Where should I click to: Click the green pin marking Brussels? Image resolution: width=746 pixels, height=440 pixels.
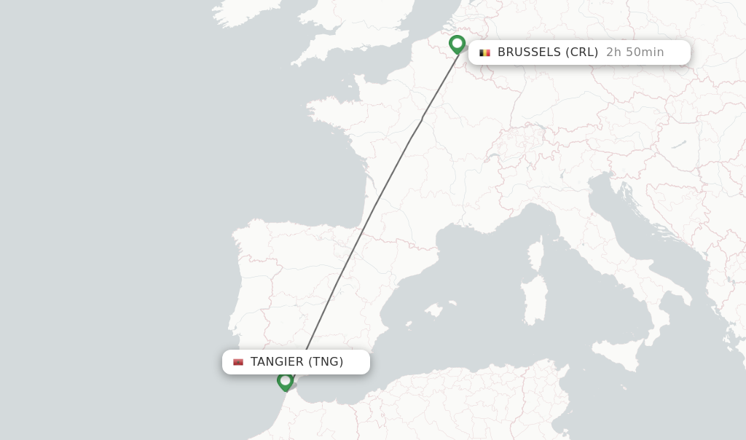click(x=457, y=44)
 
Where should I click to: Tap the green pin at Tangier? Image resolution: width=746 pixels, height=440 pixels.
click(x=285, y=381)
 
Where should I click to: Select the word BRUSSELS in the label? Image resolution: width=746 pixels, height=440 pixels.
click(x=530, y=52)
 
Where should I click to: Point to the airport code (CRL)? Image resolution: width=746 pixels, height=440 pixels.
click(x=581, y=52)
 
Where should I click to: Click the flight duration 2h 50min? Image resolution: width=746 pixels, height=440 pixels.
click(x=635, y=52)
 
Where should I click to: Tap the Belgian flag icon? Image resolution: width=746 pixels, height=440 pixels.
click(x=484, y=52)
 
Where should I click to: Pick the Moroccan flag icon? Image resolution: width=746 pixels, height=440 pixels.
click(x=238, y=362)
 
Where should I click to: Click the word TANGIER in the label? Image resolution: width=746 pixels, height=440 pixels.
click(x=277, y=362)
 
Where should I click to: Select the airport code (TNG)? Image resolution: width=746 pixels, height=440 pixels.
click(x=326, y=362)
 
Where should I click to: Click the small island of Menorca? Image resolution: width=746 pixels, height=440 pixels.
click(x=452, y=302)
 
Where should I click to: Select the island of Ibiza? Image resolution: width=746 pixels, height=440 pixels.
click(x=407, y=325)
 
